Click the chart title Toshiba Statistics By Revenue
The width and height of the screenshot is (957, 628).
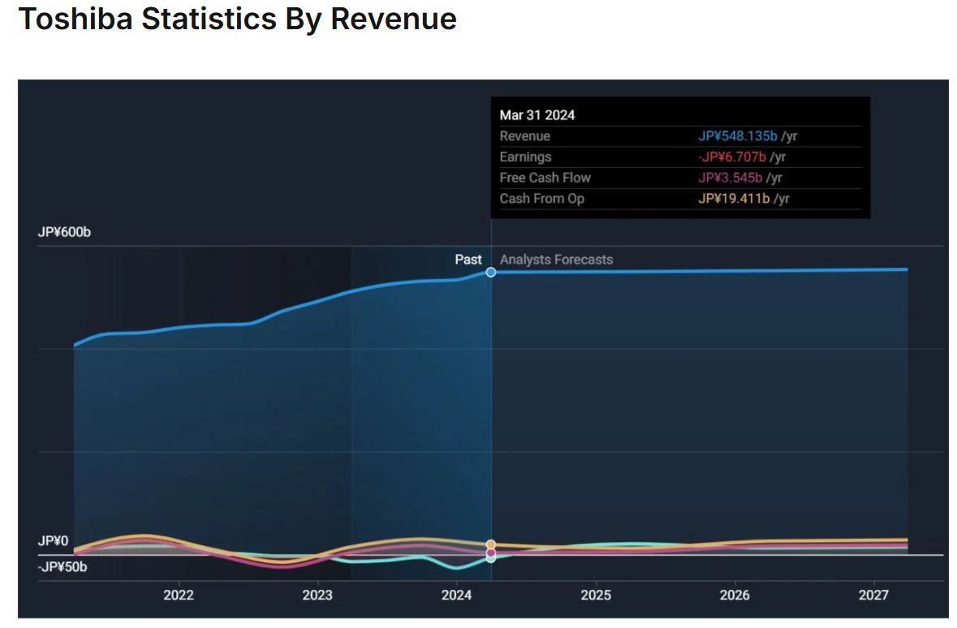237,19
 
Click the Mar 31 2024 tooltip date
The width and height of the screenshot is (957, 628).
537,115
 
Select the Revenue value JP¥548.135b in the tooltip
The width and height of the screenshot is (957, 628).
737,136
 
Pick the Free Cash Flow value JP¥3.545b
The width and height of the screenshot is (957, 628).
731,178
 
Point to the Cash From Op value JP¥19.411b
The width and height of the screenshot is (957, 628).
734,199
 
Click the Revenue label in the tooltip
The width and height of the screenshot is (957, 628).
524,136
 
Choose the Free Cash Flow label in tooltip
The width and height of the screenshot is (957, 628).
545,178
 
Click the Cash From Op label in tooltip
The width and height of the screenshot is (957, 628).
541,199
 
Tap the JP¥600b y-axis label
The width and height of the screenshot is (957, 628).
64,232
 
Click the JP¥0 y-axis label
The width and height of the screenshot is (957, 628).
54,541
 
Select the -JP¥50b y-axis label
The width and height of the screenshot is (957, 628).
63,566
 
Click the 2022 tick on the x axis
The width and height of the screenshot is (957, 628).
179,596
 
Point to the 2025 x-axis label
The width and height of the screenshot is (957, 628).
596,596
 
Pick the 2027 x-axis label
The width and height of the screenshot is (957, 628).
874,596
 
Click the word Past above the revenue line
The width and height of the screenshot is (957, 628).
468,260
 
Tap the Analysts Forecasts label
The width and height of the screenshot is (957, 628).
556,260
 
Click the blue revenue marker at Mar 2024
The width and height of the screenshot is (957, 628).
491,272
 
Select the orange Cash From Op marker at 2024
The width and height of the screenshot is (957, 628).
491,544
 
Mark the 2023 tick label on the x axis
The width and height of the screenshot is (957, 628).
317,596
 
